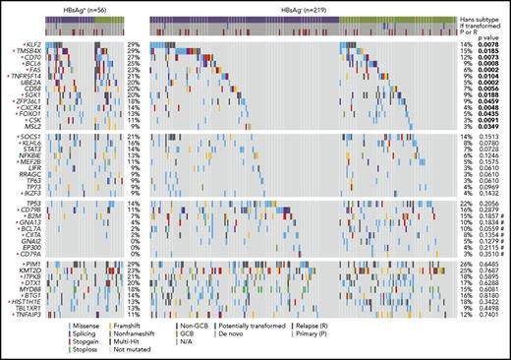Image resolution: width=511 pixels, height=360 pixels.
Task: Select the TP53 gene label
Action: (x=21, y=201)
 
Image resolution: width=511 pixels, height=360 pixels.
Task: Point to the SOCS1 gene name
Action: (x=20, y=139)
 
